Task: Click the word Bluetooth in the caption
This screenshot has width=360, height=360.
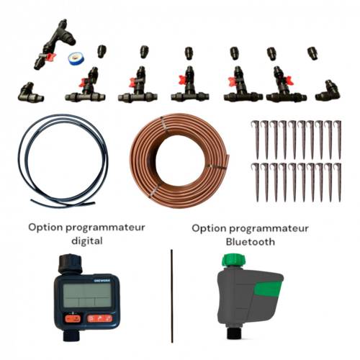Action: (x=251, y=242)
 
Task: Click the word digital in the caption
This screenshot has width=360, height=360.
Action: (x=87, y=240)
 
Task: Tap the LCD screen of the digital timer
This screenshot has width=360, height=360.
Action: (x=87, y=295)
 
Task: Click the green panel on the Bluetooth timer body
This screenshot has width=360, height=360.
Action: (x=268, y=289)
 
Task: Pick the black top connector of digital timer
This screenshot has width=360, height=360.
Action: (x=71, y=264)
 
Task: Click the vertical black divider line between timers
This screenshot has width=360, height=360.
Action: (x=172, y=296)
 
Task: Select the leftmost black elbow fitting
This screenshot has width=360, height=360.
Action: (x=30, y=92)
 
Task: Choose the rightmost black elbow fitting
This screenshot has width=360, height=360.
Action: (x=328, y=91)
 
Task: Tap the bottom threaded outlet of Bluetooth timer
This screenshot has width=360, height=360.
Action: (x=233, y=333)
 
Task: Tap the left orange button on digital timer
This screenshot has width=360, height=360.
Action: (x=73, y=319)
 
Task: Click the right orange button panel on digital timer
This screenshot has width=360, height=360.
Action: (x=99, y=318)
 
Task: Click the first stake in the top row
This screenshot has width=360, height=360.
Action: (x=256, y=139)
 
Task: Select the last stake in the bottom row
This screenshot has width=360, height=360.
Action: (x=338, y=182)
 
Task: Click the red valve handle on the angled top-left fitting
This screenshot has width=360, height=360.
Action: (x=50, y=57)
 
